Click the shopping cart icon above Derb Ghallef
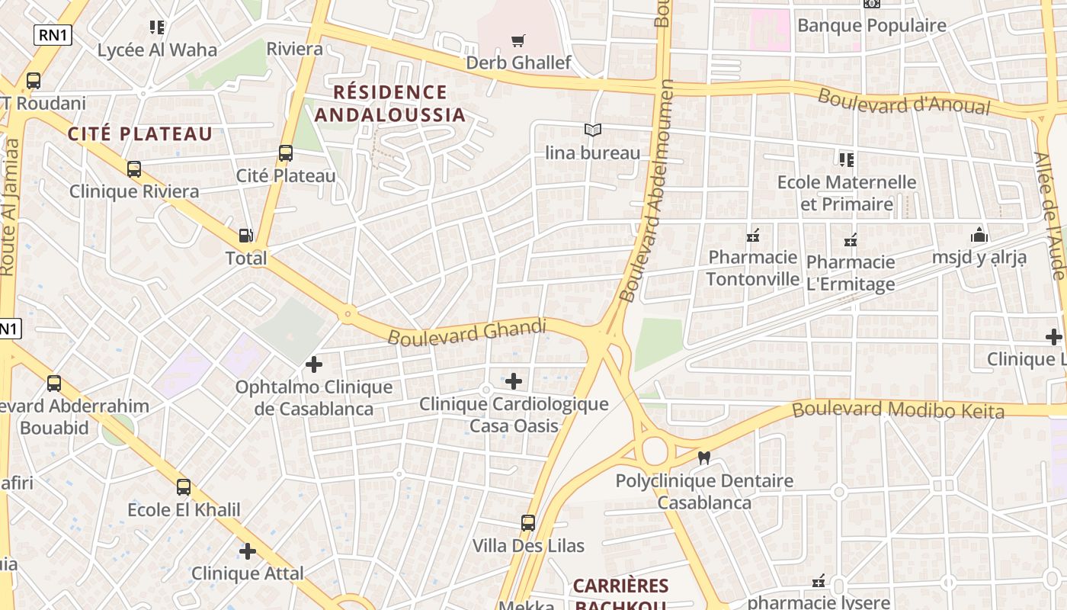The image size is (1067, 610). click(518, 40)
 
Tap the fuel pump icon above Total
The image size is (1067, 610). click(246, 236)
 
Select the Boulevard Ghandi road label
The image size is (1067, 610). click(467, 332)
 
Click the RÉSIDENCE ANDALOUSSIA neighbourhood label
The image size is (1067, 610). click(390, 104)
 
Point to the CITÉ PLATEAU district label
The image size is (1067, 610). click(140, 134)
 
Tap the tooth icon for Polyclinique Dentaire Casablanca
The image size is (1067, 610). click(704, 458)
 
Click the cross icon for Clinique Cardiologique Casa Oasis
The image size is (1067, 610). click(514, 380)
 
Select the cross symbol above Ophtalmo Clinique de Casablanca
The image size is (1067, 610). click(313, 364)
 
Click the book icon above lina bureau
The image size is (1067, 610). click(593, 130)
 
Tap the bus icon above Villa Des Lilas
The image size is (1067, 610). click(528, 523)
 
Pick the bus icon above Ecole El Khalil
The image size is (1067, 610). click(184, 487)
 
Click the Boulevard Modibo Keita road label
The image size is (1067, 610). click(898, 409)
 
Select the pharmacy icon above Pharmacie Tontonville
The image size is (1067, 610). click(753, 235)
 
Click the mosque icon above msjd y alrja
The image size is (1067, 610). click(979, 235)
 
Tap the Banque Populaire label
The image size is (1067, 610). click(871, 25)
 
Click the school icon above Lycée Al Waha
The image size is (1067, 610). click(157, 27)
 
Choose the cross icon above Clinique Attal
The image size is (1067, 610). click(248, 551)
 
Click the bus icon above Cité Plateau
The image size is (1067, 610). click(286, 153)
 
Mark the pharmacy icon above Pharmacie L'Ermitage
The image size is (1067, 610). click(851, 240)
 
